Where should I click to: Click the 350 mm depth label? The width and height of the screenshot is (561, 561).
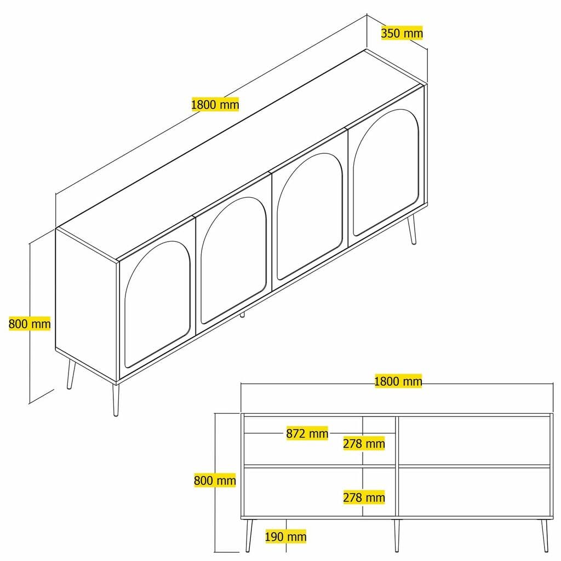pyautogui.click(x=402, y=33)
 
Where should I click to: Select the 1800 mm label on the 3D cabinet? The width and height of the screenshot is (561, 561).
pyautogui.click(x=215, y=104)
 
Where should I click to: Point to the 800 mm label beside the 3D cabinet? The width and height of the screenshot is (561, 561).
pyautogui.click(x=30, y=324)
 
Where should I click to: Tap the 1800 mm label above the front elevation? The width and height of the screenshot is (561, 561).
pyautogui.click(x=398, y=381)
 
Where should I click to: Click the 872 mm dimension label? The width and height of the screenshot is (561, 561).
pyautogui.click(x=307, y=434)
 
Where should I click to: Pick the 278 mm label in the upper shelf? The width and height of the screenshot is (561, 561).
pyautogui.click(x=364, y=443)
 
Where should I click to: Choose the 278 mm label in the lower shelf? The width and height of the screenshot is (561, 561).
pyautogui.click(x=364, y=497)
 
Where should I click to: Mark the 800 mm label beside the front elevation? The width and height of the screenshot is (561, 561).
pyautogui.click(x=215, y=481)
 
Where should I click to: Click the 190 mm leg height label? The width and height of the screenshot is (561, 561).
pyautogui.click(x=285, y=537)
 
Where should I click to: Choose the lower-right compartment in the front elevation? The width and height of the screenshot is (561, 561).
pyautogui.click(x=474, y=491)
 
